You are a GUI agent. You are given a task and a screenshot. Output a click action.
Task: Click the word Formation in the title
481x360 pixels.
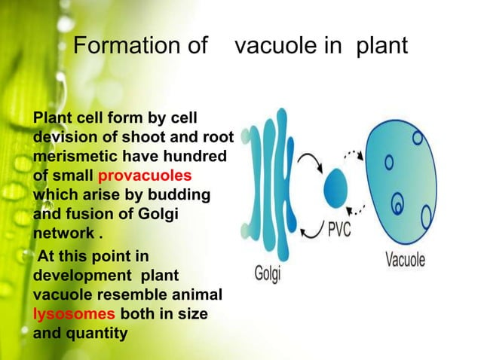pyautogui.click(x=121, y=47)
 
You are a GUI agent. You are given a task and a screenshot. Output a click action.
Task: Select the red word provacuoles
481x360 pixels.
pyautogui.click(x=146, y=175)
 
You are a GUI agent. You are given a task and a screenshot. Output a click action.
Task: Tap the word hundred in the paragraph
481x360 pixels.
pyautogui.click(x=200, y=156)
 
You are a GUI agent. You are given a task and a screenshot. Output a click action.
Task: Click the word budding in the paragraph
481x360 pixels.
pyautogui.click(x=173, y=195)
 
